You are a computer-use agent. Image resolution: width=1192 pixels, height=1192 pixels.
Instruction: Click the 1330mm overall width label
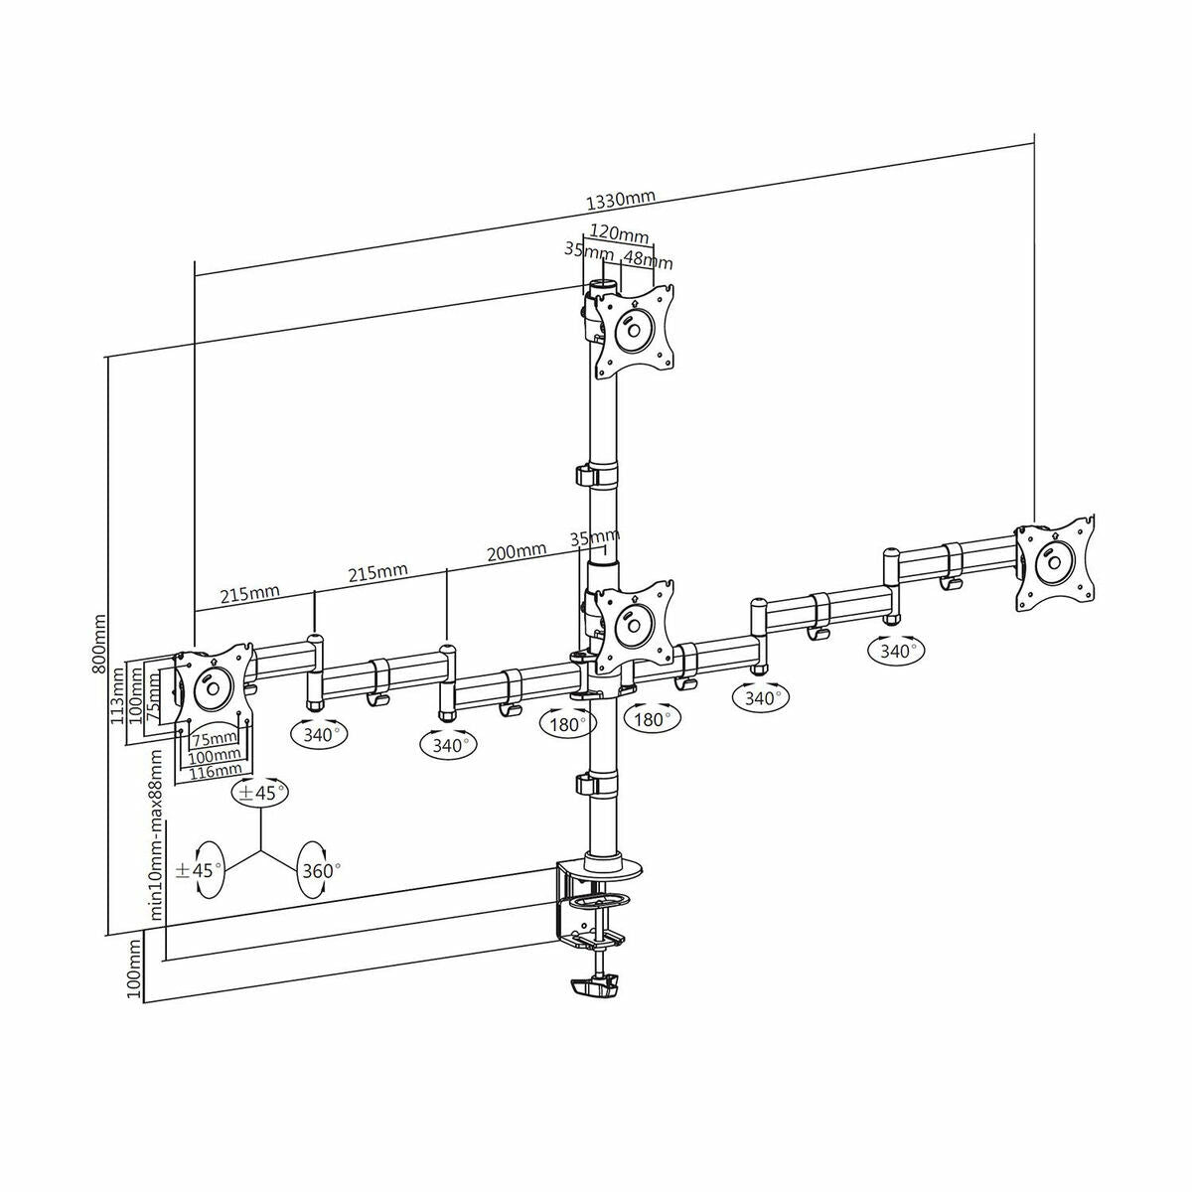621,200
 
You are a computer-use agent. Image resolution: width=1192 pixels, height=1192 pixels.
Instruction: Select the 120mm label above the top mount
618,234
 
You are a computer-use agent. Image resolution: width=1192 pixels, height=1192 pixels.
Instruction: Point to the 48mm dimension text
647,260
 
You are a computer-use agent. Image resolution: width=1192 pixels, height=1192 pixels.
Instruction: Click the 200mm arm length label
518,550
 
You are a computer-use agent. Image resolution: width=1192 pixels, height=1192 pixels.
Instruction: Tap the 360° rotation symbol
319,870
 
